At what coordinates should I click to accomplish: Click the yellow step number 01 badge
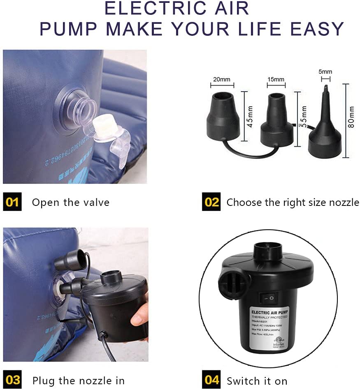point(12,202)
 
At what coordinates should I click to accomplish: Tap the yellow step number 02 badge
point(211,202)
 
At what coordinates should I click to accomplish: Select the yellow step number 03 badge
point(12,380)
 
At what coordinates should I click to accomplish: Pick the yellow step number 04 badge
point(211,380)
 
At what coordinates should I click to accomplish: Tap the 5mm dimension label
point(325,72)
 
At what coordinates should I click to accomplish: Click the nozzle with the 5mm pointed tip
point(325,132)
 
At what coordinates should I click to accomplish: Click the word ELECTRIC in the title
point(152,8)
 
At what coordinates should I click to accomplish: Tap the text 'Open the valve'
point(71,203)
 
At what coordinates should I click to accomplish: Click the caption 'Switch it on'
point(257,381)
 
